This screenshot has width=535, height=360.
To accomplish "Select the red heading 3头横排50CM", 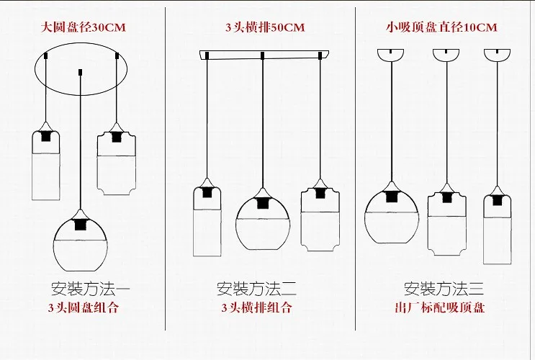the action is (x=264, y=27).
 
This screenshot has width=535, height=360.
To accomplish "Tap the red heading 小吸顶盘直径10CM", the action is (x=440, y=27).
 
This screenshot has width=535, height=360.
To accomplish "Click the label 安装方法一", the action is (x=91, y=290).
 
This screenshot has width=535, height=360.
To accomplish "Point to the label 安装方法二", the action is (x=256, y=290).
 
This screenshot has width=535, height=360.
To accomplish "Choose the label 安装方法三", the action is (x=444, y=290).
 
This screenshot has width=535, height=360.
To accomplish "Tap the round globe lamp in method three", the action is (x=392, y=216).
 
